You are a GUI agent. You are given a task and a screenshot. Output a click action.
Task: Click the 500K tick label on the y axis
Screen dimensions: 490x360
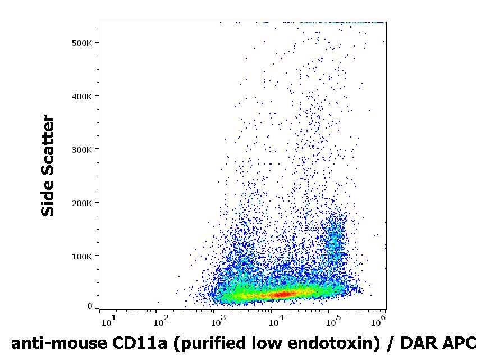pos(81,43)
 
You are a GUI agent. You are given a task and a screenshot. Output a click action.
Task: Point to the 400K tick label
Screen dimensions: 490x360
pos(81,97)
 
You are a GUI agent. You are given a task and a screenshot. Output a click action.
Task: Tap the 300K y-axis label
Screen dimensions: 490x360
pos(81,150)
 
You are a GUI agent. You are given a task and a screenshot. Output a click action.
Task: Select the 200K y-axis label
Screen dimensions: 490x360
pos(81,203)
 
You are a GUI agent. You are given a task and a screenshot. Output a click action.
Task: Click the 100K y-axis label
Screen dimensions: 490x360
pos(81,257)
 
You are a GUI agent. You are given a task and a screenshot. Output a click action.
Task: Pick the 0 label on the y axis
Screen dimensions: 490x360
pos(90,307)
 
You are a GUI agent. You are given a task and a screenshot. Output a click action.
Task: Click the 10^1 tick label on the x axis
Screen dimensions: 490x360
pos(108,321)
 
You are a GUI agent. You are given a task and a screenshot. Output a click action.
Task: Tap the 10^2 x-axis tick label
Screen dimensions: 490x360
pos(161,321)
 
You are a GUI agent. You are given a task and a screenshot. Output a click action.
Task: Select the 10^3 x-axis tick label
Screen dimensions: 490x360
pos(219,321)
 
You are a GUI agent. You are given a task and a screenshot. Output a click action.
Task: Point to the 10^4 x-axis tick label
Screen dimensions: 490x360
pos(276,321)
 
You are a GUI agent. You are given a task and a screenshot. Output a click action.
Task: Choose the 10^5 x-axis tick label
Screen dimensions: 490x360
pos(334,321)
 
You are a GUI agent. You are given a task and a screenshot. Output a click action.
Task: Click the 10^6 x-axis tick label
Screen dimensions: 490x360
pos(378,321)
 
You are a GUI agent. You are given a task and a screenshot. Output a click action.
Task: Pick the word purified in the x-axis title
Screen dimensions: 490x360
pos(210,344)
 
